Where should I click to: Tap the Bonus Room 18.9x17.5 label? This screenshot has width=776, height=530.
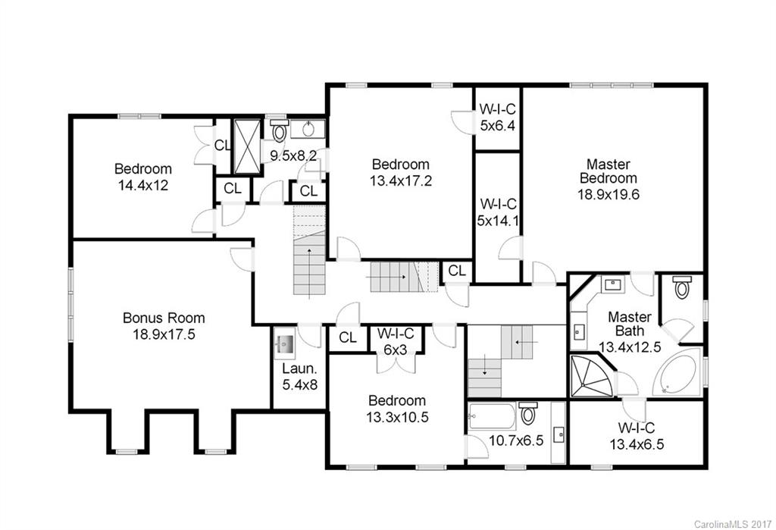tap(164, 326)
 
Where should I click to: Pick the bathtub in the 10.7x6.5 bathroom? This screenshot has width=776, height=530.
tap(491, 416)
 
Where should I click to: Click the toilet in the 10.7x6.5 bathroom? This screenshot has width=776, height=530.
tap(529, 415)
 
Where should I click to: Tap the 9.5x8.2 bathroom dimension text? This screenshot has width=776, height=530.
tap(293, 156)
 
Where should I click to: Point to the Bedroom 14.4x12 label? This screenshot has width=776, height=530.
tap(143, 177)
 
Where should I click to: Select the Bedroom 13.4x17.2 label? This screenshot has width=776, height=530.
tap(400, 172)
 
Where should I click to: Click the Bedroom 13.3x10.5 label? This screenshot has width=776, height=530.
tap(396, 409)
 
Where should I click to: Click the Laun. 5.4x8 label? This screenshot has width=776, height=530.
tap(295, 377)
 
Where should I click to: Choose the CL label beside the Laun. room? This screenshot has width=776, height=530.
tap(348, 338)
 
